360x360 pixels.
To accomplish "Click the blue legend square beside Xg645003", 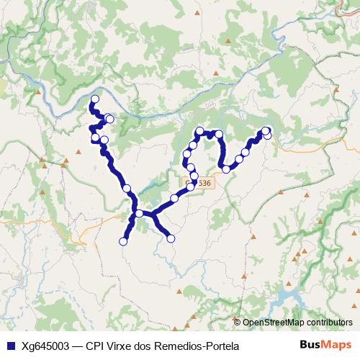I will [x=10, y=346].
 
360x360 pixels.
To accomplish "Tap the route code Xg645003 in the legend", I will [x=45, y=346].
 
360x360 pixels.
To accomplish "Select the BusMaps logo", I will [x=326, y=345].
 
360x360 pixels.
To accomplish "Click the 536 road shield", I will [x=204, y=184].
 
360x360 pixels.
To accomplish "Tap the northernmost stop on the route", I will [x=94, y=99].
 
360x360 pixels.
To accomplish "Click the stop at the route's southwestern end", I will [x=122, y=242].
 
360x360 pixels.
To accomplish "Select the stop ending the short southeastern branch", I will [x=171, y=238].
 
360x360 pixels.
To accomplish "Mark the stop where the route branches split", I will [x=139, y=214].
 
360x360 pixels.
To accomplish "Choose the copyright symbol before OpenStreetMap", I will [x=238, y=323].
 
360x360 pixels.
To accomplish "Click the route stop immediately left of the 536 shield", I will [x=190, y=187].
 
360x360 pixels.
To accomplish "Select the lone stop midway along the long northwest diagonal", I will [x=127, y=189].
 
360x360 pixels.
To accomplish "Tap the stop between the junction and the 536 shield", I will [x=174, y=198].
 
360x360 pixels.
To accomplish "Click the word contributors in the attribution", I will [x=329, y=323].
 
